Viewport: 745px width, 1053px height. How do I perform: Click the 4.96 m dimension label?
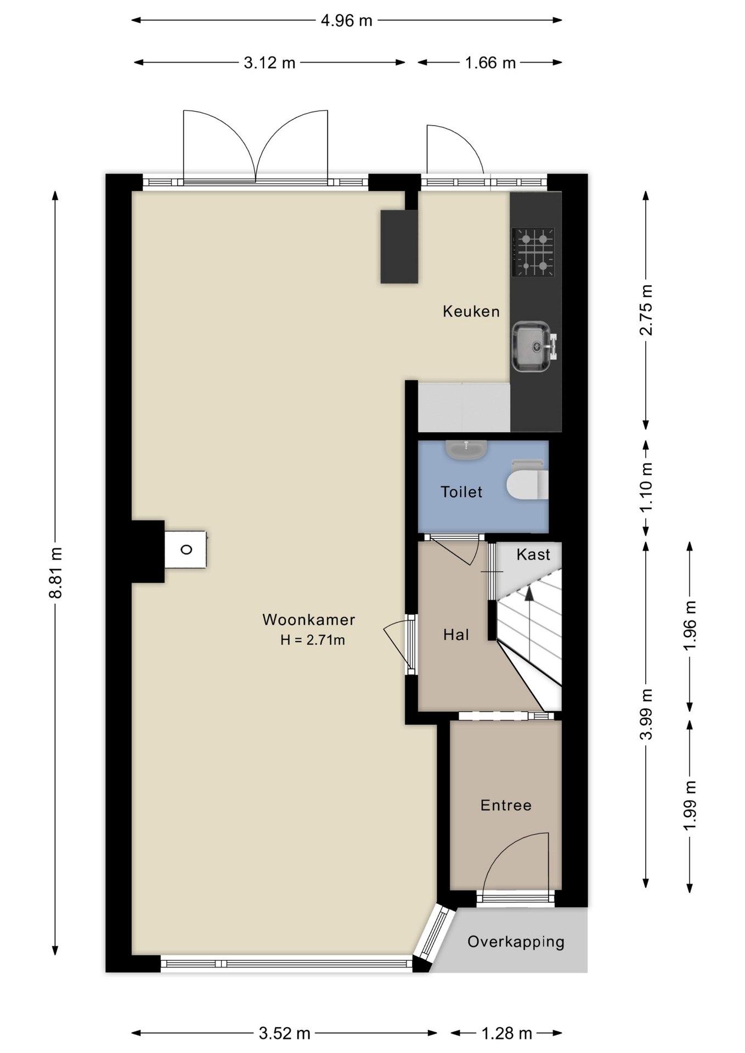point(346,21)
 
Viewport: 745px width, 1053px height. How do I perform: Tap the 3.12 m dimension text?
point(269,63)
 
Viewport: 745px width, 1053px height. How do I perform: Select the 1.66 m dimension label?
point(490,63)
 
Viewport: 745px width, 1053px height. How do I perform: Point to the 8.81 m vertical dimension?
point(55,572)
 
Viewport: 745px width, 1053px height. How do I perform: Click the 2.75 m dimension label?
point(646,310)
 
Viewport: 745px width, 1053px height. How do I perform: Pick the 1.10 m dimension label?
point(646,487)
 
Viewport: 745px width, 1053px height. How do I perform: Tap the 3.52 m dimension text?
point(284,1033)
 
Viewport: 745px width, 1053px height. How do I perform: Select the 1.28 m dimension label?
point(506,1033)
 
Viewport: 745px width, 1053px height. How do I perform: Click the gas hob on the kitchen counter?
point(533,252)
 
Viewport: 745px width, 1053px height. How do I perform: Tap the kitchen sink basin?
point(530,346)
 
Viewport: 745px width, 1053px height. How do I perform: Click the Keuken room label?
point(471,312)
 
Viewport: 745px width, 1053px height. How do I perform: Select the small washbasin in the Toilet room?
point(466,450)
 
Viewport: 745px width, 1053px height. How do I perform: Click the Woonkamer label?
point(308,620)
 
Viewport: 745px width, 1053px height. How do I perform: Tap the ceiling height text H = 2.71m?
point(312,640)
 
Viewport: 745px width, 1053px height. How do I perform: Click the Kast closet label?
point(533,554)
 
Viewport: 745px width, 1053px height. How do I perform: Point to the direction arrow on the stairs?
point(529,593)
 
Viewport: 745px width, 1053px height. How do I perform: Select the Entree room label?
point(505,805)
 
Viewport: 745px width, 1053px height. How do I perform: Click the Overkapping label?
point(515,942)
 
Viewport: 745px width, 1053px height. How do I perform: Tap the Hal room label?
point(456,635)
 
